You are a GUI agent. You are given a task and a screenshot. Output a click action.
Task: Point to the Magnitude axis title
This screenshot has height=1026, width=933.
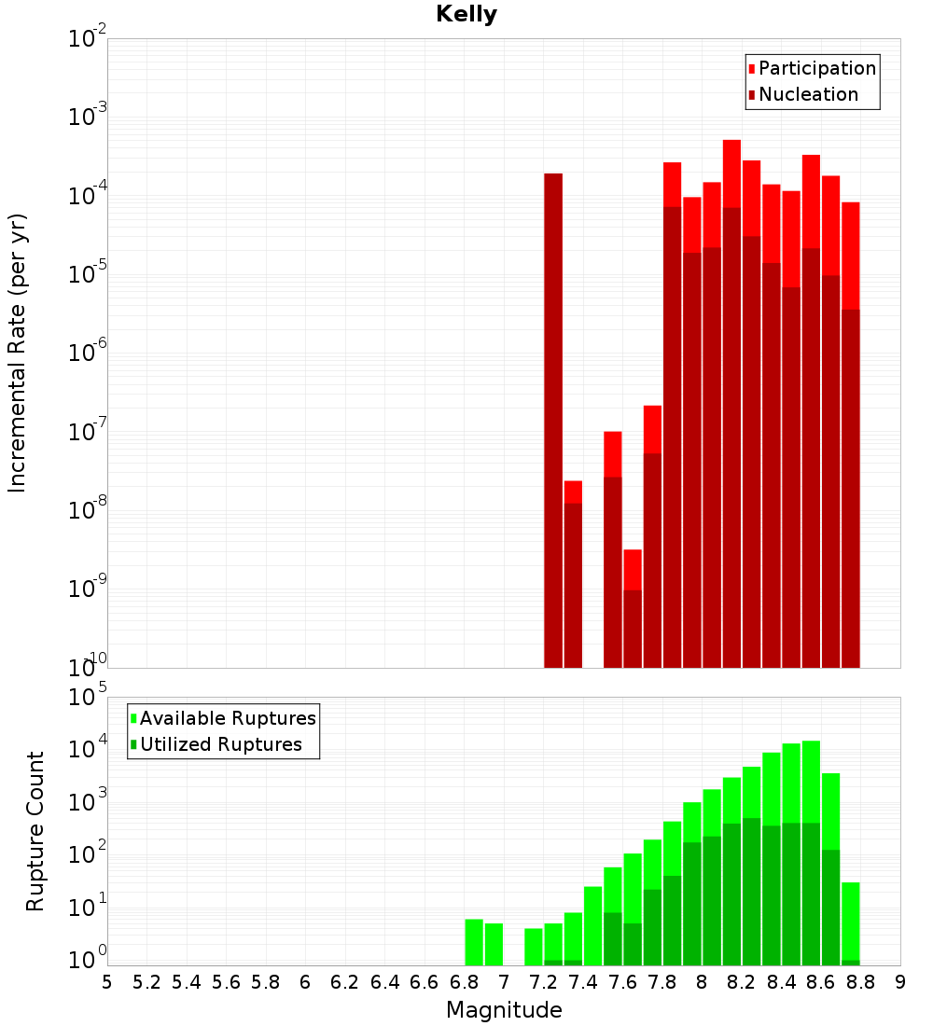504,1010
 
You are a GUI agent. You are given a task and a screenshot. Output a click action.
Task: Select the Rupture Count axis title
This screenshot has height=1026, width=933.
35,831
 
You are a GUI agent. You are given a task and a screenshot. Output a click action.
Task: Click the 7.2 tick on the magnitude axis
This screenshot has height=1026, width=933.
543,982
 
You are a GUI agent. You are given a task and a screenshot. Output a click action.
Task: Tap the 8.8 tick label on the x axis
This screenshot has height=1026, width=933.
860,982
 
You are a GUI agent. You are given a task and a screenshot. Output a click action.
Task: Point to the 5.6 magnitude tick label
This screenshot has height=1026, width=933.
226,982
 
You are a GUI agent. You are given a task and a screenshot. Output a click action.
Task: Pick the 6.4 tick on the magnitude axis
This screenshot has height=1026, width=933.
384,982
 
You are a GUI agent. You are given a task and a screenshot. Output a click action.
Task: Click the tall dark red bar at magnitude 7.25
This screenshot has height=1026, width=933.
553,420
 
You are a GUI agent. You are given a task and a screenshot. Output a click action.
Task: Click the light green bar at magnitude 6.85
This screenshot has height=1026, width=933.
474,942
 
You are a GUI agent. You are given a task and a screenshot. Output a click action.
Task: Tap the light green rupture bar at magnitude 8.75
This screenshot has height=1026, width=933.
850,923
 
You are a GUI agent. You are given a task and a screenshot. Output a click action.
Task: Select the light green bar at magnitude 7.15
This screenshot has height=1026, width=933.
534,947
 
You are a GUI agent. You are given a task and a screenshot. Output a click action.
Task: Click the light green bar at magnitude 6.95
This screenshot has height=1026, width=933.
494,944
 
